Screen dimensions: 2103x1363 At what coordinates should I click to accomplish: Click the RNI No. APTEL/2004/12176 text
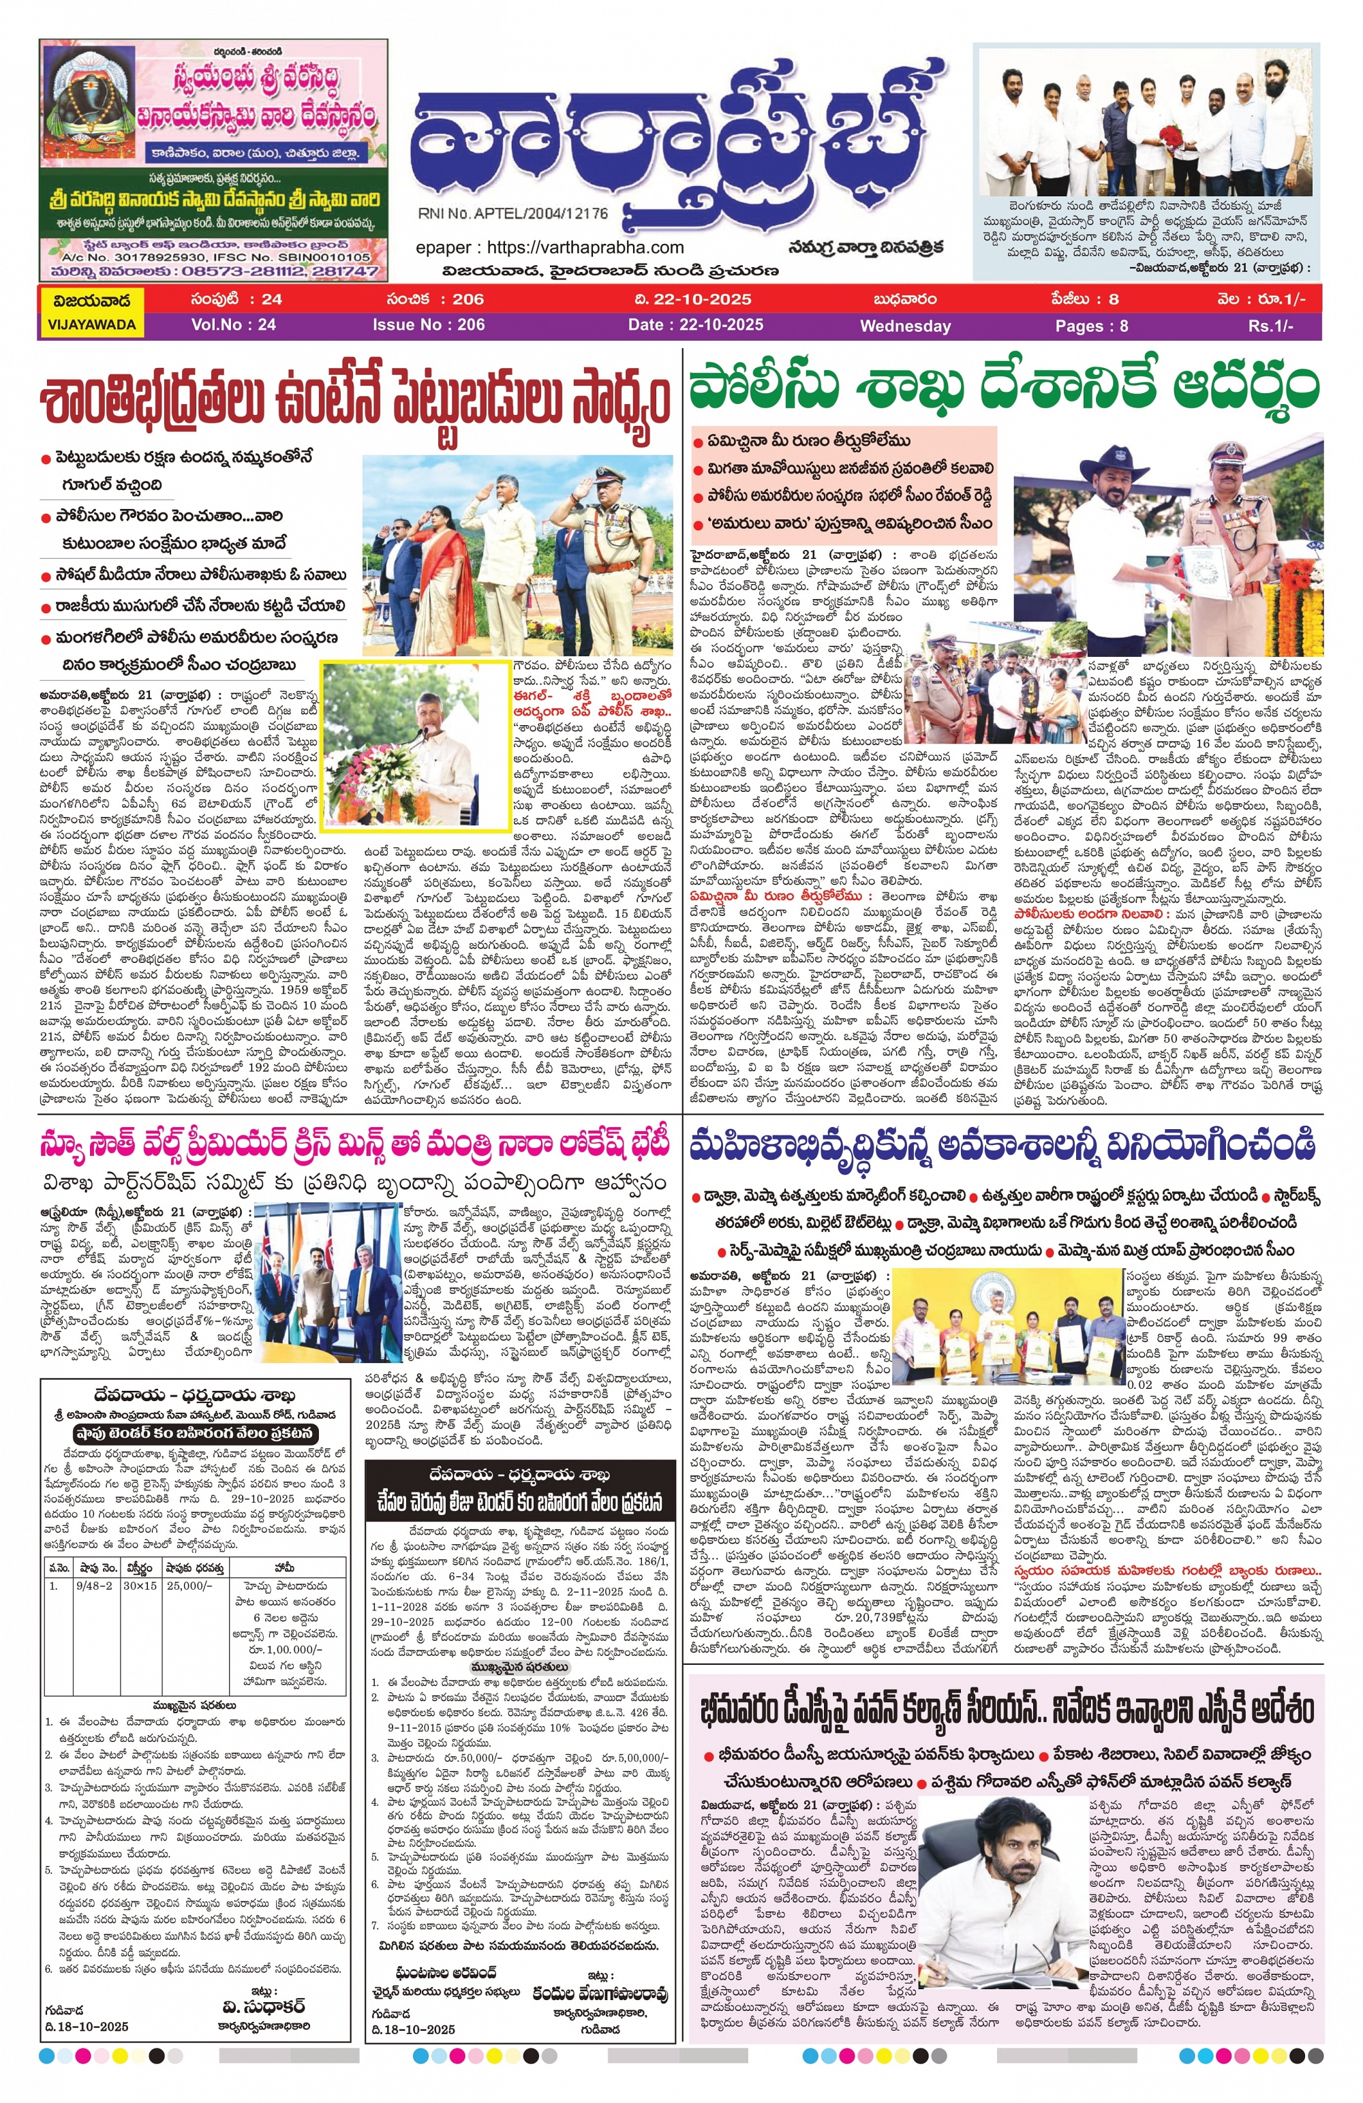512,214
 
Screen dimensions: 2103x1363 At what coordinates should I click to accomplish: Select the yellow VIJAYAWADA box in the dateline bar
91,312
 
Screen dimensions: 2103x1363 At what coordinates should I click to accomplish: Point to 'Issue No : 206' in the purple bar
428,324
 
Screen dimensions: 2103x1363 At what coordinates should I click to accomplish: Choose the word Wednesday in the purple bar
904,326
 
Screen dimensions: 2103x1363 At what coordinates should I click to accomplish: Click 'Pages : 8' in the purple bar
1091,326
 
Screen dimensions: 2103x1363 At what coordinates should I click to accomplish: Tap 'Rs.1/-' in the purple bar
1270,326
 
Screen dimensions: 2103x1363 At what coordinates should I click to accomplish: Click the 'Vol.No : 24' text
233,324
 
